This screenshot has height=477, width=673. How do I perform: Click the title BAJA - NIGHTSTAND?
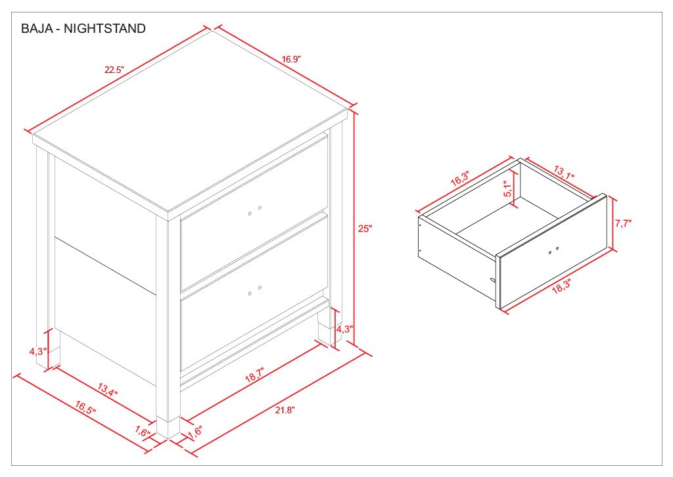point(83,29)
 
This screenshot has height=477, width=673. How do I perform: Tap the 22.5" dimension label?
point(114,70)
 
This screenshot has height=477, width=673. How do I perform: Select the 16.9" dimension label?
point(291,59)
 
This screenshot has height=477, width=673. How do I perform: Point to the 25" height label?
point(365,229)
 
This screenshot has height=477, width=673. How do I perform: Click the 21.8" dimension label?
point(285,410)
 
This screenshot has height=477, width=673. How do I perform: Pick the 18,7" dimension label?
point(255,375)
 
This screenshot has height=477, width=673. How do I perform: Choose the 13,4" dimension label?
point(107,390)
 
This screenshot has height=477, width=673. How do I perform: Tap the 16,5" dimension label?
point(85,407)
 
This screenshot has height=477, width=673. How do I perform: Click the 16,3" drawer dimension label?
point(460,178)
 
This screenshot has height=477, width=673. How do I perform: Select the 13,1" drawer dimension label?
point(564,173)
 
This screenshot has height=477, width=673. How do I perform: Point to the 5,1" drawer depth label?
point(508,189)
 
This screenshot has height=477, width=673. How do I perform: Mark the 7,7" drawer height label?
point(623,223)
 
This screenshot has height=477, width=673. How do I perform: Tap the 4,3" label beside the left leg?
point(37,352)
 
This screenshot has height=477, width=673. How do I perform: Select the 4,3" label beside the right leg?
point(344,329)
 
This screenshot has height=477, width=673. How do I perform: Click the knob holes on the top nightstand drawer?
point(255,210)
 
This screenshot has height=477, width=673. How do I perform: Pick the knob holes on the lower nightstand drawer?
point(255,290)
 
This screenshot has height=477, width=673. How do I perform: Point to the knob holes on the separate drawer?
point(553,250)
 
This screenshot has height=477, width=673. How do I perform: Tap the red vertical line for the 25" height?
point(354,227)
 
